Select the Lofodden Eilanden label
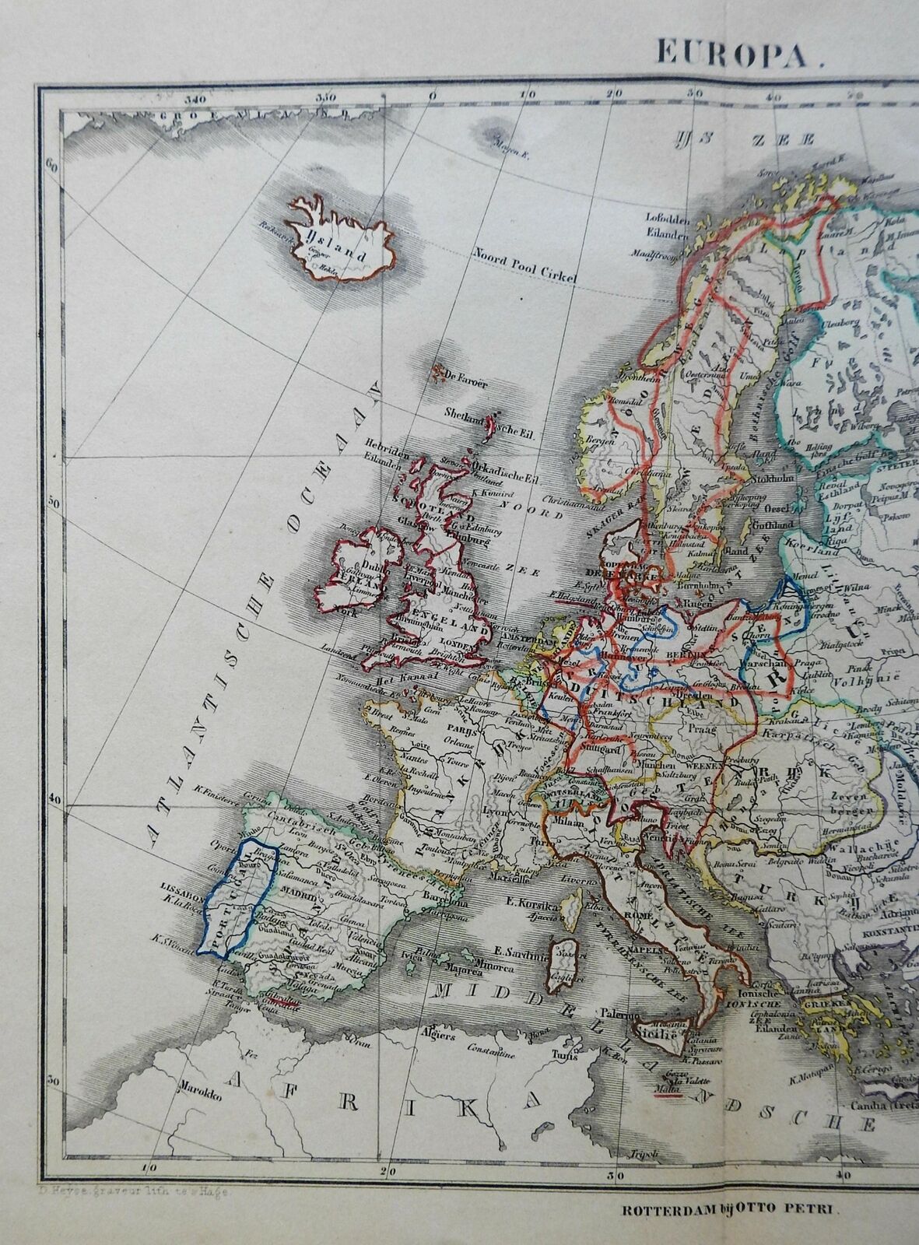[x=662, y=224]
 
